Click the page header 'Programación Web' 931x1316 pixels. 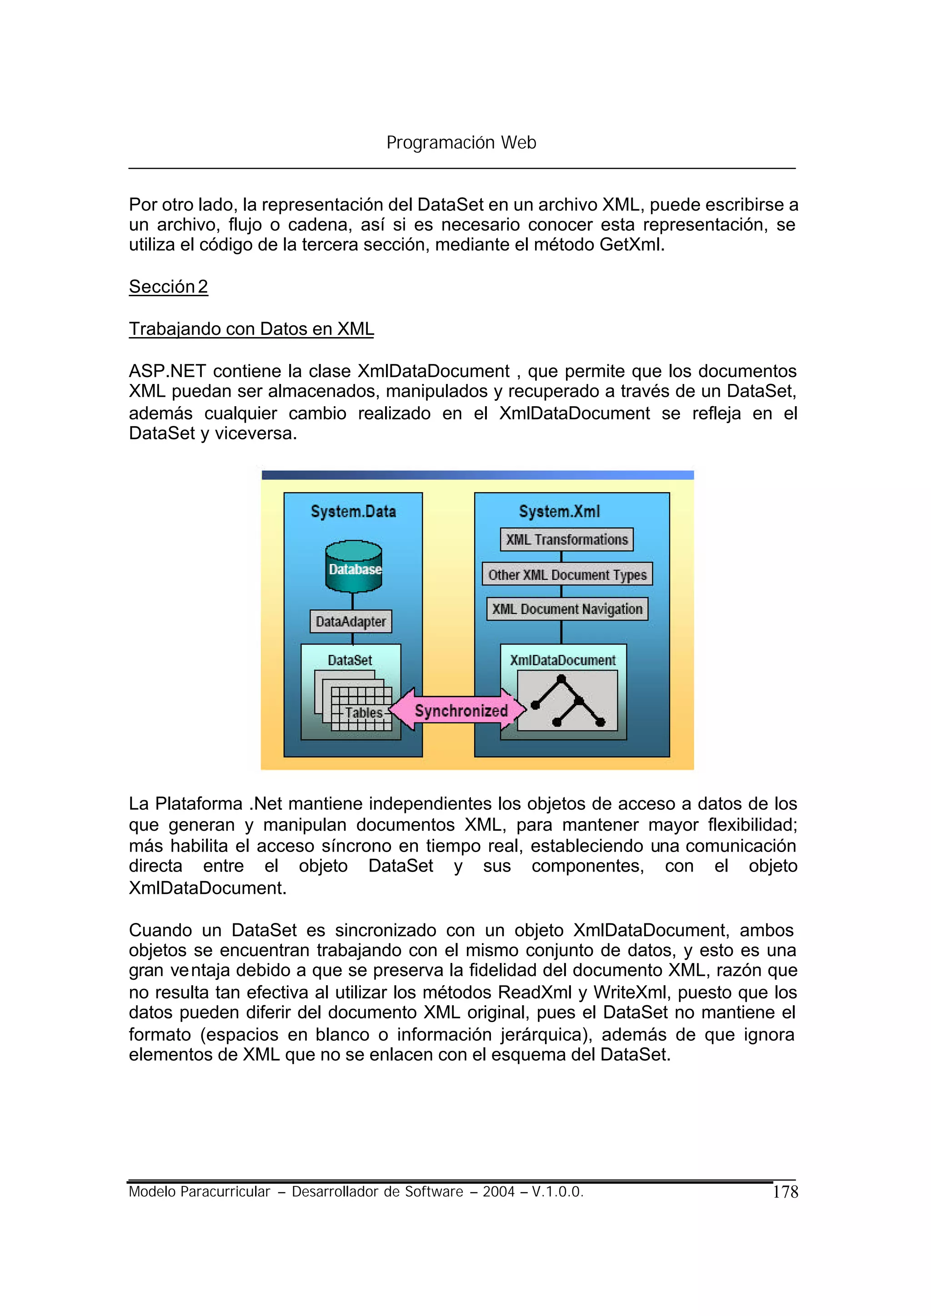coord(461,142)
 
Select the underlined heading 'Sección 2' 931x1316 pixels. coord(168,286)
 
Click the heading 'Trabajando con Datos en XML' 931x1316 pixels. coord(251,329)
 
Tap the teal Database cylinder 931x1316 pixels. coord(354,567)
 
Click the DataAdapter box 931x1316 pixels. coord(351,621)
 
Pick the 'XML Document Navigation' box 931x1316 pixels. coord(567,609)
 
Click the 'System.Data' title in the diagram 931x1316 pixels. coord(353,511)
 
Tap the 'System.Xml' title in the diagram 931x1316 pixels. coord(559,511)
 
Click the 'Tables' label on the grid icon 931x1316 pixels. coord(364,712)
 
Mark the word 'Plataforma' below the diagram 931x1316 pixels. coord(198,804)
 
